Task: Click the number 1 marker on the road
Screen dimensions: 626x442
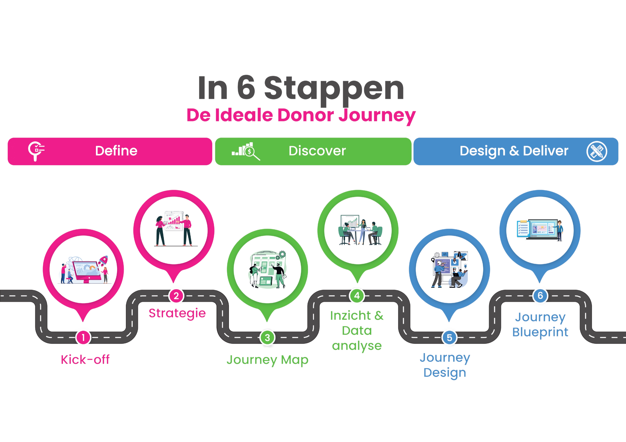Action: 83,337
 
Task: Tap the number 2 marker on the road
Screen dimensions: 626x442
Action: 176,296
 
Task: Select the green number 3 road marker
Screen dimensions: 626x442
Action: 267,337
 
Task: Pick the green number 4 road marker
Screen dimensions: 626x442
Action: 357,295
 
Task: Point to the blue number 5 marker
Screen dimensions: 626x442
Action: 449,337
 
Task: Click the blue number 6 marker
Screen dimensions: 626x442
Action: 540,295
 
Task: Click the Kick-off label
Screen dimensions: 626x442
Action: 85,360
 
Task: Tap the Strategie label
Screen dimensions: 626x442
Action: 177,313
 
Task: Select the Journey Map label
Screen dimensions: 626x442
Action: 267,360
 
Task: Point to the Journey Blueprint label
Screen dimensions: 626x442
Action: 540,324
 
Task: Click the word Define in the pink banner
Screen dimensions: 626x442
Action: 116,151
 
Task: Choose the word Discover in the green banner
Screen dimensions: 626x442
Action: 317,151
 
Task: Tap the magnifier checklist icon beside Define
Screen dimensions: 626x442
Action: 36,151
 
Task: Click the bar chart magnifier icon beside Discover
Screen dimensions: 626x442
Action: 246,151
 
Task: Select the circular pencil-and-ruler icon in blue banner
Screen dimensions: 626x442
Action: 597,152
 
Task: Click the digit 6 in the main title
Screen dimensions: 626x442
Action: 246,88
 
